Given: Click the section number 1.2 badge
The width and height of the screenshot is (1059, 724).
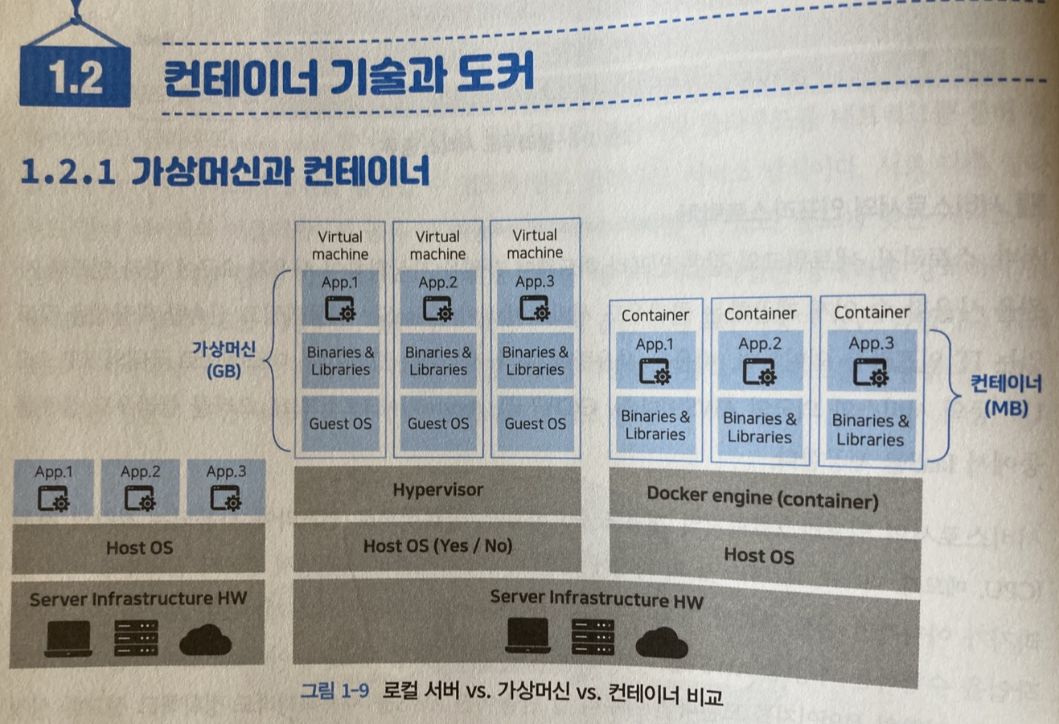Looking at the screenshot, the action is click(75, 78).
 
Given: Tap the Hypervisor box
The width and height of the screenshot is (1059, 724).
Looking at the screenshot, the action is click(437, 490).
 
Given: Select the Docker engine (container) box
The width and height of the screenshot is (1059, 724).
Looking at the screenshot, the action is click(763, 499).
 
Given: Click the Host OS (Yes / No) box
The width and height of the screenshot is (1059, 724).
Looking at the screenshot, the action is click(437, 546).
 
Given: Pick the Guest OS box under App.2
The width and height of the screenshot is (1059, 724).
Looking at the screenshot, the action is click(437, 424).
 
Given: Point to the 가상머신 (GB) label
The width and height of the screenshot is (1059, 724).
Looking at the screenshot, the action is click(224, 360).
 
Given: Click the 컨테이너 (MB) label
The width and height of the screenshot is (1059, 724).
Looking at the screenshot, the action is click(1005, 395).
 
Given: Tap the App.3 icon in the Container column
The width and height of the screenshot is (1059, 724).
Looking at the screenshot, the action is click(870, 374).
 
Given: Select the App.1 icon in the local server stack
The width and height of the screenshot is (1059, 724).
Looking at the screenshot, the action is click(53, 500).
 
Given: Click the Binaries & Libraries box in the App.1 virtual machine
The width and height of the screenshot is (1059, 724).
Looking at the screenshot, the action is click(340, 361).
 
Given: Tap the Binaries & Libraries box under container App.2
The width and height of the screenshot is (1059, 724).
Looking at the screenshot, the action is click(759, 428).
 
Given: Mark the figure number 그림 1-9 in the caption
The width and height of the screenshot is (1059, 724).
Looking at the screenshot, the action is click(334, 690).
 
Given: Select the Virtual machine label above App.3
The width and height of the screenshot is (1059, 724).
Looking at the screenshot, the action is click(535, 244).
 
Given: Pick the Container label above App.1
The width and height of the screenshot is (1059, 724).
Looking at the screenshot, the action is click(655, 315).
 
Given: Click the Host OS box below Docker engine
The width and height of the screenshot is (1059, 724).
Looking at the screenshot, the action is click(758, 556).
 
